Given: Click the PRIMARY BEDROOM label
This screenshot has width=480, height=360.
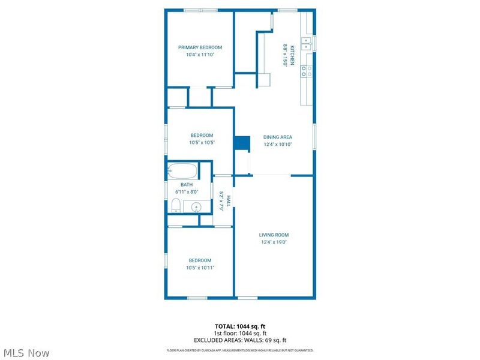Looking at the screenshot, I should point(200,47).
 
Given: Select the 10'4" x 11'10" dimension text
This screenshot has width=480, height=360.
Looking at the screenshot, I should point(200,55).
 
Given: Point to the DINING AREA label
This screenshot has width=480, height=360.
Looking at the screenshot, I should point(277,137).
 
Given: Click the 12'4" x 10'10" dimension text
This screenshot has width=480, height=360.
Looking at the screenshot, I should point(277,144).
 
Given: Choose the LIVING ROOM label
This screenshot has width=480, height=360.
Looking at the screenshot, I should point(274,235).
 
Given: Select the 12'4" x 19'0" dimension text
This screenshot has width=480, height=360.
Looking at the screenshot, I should point(274,242).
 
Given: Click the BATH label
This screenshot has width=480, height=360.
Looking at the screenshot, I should point(187,185).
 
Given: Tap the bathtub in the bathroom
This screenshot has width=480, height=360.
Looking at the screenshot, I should point(182,170).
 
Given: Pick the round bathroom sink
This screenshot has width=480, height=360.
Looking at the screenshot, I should point(196,208).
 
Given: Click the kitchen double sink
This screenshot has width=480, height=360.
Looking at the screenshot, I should point(306,43).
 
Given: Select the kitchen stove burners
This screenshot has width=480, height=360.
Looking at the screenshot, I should point(306,71).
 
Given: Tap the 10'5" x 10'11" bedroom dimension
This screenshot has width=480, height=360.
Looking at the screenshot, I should point(200,267).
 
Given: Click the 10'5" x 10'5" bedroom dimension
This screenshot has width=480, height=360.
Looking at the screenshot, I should point(202,143).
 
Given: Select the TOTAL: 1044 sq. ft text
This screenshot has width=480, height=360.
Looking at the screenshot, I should point(240,326).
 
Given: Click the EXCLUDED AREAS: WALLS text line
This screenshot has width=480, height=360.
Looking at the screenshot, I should point(240,340).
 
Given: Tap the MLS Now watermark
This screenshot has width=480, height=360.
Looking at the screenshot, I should point(26,353).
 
